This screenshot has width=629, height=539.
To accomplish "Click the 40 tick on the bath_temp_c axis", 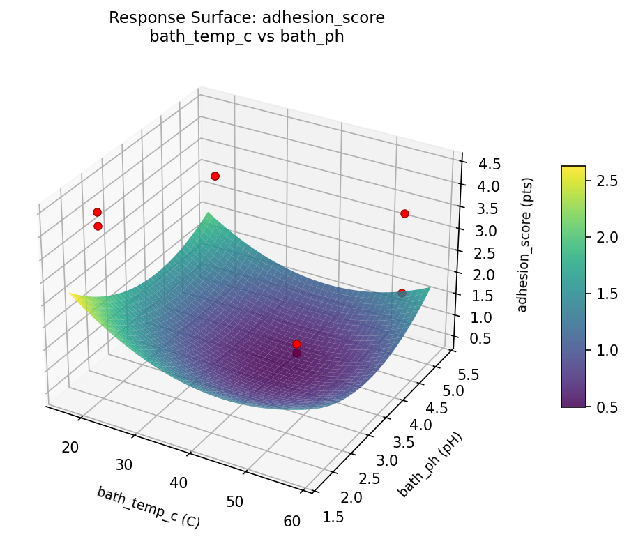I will click(179, 483).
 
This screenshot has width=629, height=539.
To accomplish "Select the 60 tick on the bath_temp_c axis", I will click(292, 521).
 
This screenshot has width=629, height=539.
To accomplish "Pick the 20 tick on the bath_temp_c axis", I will click(70, 447).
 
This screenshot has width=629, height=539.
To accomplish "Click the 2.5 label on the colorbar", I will click(608, 181).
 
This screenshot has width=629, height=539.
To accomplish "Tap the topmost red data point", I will click(215, 176).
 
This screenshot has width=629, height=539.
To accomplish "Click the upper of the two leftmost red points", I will click(97, 212).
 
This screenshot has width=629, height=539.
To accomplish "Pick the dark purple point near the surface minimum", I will click(296, 354).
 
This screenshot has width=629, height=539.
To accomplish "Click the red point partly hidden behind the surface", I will click(402, 293).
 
